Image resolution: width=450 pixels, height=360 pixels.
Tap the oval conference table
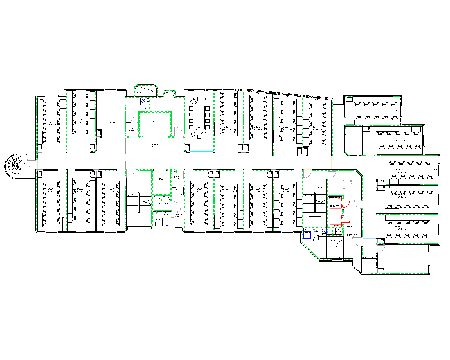(199, 118)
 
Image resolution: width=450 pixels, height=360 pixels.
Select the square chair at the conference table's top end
(199, 99)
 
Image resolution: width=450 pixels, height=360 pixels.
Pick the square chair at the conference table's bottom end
(199, 137)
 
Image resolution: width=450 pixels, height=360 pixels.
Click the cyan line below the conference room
(202, 152)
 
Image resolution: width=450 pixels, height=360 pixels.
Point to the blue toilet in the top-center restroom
(143, 100)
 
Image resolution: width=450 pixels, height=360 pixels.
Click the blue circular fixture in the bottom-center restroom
(167, 224)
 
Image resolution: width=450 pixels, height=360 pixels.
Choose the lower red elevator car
(335, 220)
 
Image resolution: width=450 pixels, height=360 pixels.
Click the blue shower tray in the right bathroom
(307, 235)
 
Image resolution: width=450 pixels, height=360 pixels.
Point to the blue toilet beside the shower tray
(324, 231)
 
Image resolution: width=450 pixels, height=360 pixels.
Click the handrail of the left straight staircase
(139, 202)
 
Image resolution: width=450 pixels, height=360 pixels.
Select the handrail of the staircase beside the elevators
(315, 203)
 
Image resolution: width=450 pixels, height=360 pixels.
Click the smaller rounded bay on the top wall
(170, 94)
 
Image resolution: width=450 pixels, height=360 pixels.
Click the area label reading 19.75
(316, 128)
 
